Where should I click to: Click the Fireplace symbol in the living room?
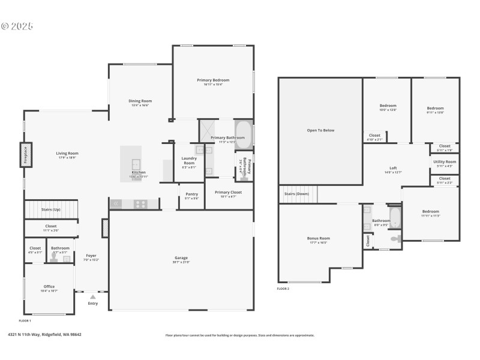[26, 154]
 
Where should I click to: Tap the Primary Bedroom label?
[213, 80]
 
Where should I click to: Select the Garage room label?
[181, 257]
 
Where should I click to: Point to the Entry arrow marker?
[92, 296]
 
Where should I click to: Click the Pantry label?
[191, 194]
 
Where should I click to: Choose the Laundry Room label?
[189, 161]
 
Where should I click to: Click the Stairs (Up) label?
[50, 209]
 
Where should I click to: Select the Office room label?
[49, 286]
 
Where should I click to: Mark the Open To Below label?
[320, 130]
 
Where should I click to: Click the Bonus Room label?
[319, 238]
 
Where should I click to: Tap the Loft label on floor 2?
[393, 168]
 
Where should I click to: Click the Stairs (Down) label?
[297, 194]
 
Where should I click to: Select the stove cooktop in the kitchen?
[140, 204]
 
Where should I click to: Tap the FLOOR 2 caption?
[283, 289]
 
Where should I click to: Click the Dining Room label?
[140, 101]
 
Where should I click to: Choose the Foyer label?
[91, 256]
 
